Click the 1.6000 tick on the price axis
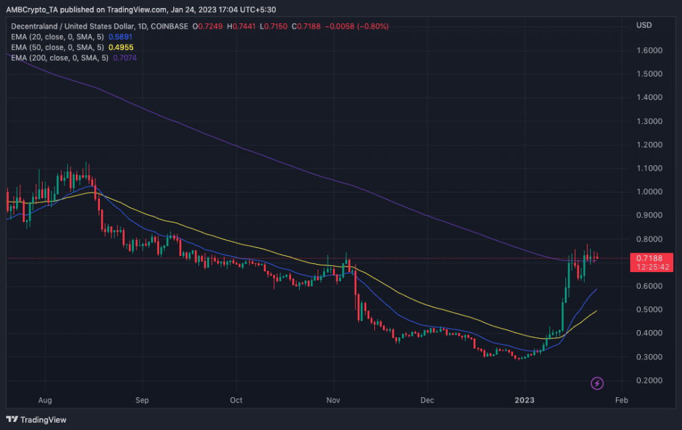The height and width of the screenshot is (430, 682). coord(649,51)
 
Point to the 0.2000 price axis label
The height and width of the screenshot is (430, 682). coord(649,381)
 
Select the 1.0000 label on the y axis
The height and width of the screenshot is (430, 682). coord(649,192)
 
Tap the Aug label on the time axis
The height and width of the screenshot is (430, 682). coord(45,401)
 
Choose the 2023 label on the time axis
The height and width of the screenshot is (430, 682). coord(525,401)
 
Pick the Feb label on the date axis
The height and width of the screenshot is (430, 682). coord(621,401)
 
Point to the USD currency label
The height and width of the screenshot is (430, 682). coord(645,25)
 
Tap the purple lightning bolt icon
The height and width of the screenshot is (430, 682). coord(597,383)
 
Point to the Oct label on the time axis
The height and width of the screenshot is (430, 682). coord(236,401)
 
